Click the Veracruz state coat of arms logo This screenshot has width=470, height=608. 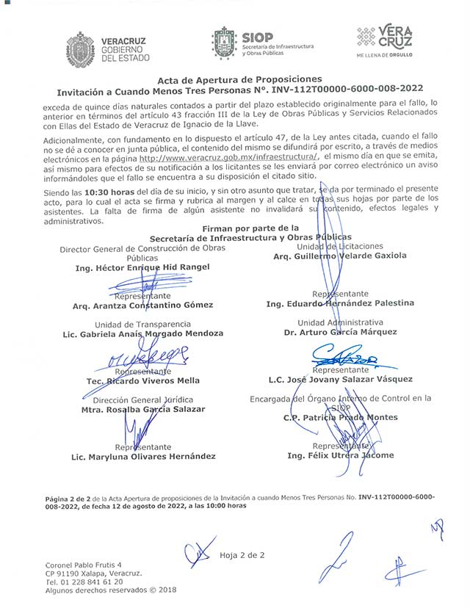point(81,46)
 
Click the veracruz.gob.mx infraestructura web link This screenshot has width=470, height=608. point(228,157)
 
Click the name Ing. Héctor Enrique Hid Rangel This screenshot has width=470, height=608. point(142,268)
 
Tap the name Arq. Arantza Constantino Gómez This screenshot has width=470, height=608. point(143,305)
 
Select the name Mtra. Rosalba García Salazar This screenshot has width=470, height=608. point(143,409)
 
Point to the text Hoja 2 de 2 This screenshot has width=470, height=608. point(242,555)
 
